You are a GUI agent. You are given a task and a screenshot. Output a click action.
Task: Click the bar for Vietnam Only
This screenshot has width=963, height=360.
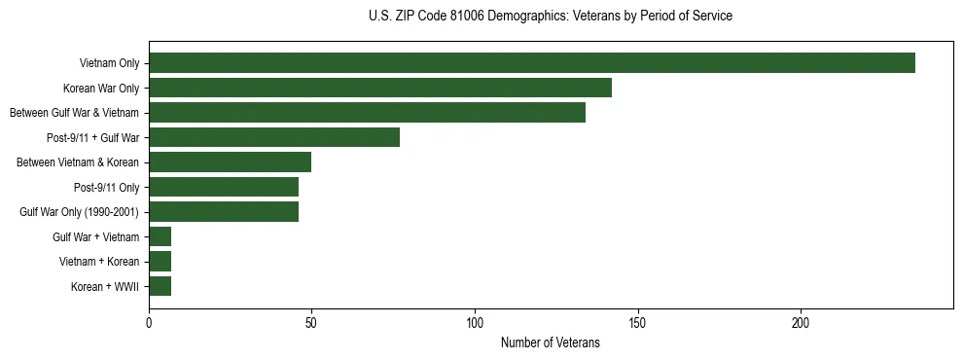coord(531,63)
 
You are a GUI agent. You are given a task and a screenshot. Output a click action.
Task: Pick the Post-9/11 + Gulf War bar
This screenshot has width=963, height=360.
coord(273,137)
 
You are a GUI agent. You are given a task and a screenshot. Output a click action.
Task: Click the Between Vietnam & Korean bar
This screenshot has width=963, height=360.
coord(230,162)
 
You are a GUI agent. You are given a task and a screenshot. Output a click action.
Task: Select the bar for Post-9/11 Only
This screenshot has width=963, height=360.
coord(223,187)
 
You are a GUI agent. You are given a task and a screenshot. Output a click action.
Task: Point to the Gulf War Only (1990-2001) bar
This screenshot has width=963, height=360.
coord(223,212)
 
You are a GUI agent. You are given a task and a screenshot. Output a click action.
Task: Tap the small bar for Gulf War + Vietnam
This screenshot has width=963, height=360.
coord(160,236)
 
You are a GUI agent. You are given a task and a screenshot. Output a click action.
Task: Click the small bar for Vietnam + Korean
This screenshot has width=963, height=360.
coord(160,262)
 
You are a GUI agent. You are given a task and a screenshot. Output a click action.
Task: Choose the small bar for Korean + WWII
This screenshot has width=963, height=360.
coord(160,286)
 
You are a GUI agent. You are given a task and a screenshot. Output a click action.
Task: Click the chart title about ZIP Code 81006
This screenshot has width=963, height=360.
coord(551,17)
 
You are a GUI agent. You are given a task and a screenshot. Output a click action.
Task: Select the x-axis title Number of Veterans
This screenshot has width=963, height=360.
coord(550,343)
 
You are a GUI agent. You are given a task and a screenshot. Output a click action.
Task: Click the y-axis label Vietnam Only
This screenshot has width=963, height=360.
coord(109,63)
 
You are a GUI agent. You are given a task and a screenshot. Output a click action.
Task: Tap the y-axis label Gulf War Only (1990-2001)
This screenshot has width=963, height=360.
coord(79,212)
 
